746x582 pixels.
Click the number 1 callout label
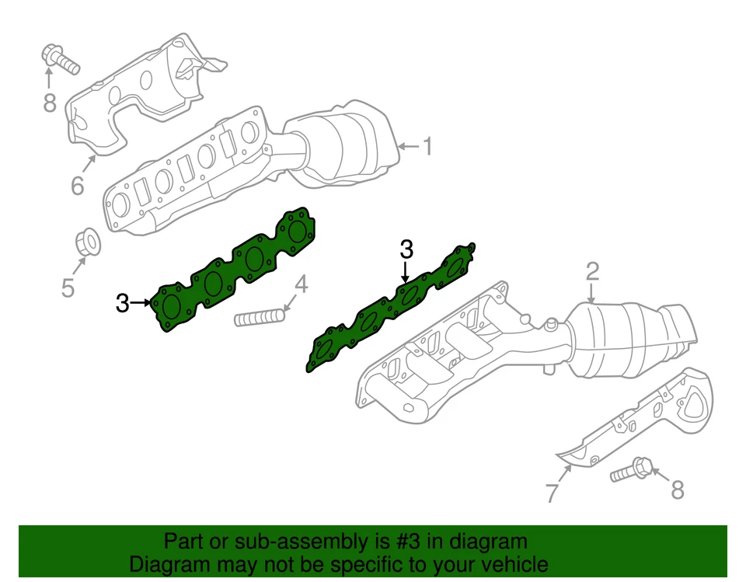[x=426, y=146]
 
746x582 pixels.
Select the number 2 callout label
[x=592, y=271]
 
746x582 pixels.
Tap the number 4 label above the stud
[x=300, y=285]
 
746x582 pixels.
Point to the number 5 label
[x=68, y=288]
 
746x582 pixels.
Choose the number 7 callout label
[x=552, y=492]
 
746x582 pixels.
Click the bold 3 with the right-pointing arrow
[x=123, y=303]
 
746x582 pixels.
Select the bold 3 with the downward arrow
[x=406, y=249]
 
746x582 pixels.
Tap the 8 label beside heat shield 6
[x=50, y=103]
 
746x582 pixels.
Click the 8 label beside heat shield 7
[x=678, y=490]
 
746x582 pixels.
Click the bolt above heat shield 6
[x=58, y=59]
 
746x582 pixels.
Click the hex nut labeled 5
[x=88, y=242]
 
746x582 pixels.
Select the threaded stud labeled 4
[x=260, y=318]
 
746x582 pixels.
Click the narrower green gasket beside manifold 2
[x=392, y=307]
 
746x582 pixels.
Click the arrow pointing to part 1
[x=407, y=146]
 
